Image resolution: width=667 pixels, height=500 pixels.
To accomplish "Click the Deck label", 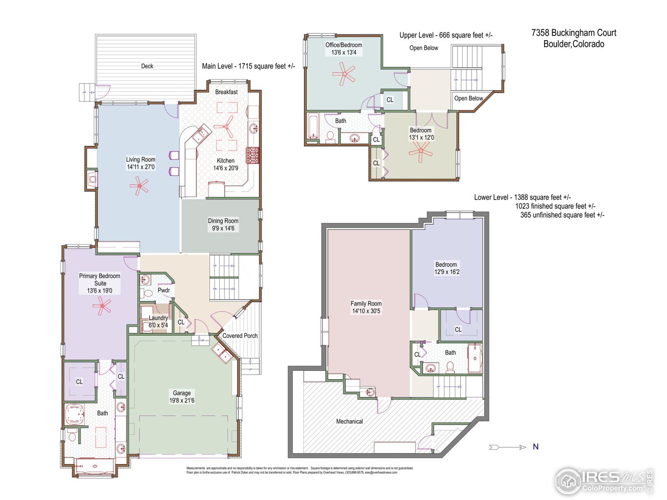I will point(147,66).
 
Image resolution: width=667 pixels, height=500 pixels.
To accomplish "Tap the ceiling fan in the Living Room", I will point(139,185).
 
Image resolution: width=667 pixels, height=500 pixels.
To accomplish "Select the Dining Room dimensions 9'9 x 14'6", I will point(223,228).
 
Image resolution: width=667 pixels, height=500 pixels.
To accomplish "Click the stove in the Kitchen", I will point(253,155).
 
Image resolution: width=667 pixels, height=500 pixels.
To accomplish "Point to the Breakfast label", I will point(226,92).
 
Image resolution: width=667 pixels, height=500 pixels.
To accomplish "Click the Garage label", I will point(182,393).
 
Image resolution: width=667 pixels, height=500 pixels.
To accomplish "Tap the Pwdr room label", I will point(164,290).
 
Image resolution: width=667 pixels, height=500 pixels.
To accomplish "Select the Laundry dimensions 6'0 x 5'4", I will point(158,326).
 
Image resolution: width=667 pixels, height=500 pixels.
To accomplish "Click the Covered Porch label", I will point(240,336).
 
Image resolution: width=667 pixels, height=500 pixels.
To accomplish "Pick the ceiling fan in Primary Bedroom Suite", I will point(102,307).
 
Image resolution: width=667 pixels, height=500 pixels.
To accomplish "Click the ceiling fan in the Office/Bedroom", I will point(343,74).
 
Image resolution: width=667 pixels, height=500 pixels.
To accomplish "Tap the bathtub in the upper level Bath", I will point(313,128).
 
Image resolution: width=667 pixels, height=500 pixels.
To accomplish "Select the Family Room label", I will point(366,304).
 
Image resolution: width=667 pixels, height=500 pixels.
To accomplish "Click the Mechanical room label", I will point(349,421).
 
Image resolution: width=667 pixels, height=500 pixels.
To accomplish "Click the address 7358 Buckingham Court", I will point(574,33).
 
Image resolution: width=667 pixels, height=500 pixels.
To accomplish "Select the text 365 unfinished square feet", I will point(562,215).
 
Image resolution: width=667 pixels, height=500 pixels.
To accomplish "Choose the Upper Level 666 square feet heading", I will point(446,35).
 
